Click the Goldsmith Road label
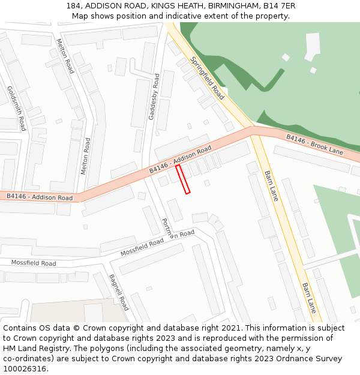(x=17, y=108)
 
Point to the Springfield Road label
(x=208, y=79)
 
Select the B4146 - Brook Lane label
(x=314, y=145)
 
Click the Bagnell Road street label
(x=119, y=292)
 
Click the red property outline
(x=183, y=179)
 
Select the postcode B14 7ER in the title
(x=278, y=6)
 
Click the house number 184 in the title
(x=74, y=6)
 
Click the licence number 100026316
(x=25, y=369)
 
